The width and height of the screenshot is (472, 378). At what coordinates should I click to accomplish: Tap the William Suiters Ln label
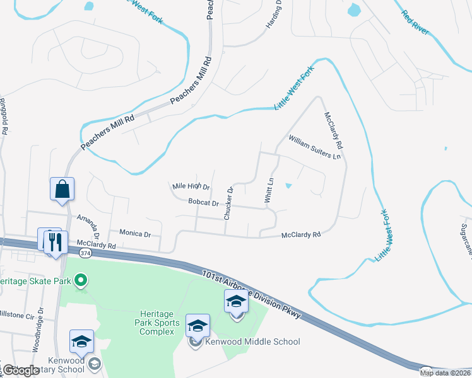[314, 147]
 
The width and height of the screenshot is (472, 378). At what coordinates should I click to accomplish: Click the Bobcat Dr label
[203, 203]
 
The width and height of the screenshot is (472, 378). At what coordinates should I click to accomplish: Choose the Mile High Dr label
[191, 187]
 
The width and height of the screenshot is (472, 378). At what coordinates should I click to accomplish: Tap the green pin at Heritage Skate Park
[81, 280]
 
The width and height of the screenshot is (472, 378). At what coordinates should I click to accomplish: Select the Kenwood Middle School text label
[252, 342]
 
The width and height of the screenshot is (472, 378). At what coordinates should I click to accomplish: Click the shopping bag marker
[62, 189]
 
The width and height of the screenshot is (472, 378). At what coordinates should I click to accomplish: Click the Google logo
[20, 370]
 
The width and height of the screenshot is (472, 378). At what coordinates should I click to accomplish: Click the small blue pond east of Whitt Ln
[288, 186]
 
